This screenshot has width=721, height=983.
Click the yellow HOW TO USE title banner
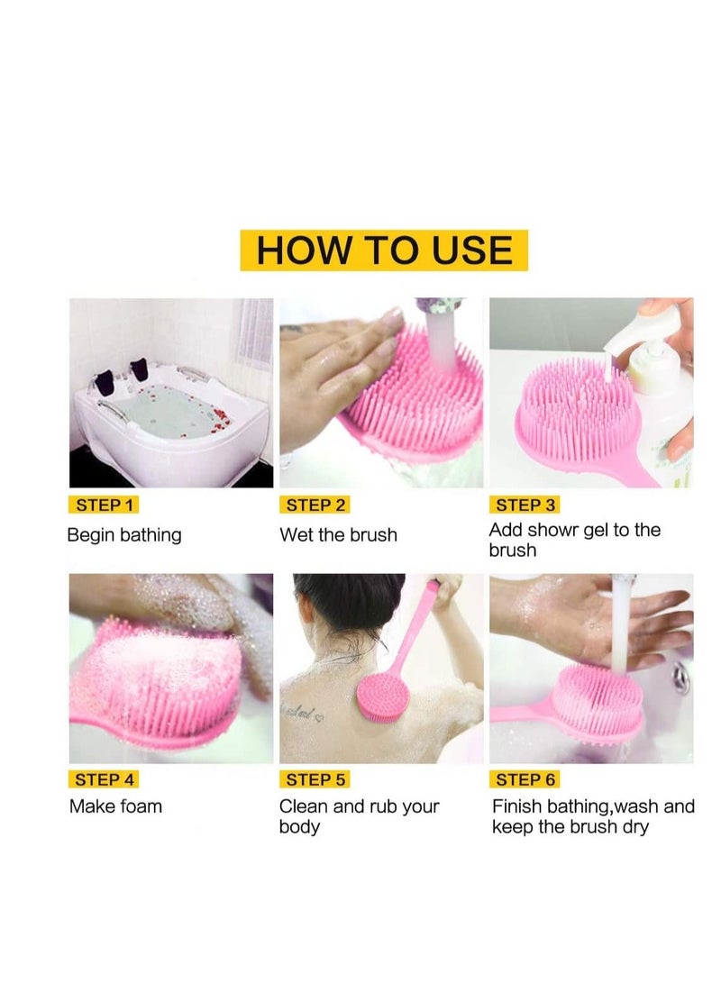tap(383, 250)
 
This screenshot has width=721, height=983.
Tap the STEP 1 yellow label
tap(105, 505)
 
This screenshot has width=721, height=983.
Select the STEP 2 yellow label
tap(315, 505)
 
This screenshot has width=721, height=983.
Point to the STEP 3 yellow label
tap(525, 505)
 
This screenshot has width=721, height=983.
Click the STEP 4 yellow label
tap(105, 779)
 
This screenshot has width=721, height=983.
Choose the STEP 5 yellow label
tap(315, 779)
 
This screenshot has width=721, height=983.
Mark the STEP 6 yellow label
tap(525, 779)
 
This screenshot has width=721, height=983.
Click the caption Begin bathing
tap(124, 535)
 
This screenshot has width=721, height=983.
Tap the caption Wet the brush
tap(338, 535)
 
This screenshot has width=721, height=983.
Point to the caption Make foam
tap(115, 806)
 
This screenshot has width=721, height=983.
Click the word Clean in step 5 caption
tap(304, 806)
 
